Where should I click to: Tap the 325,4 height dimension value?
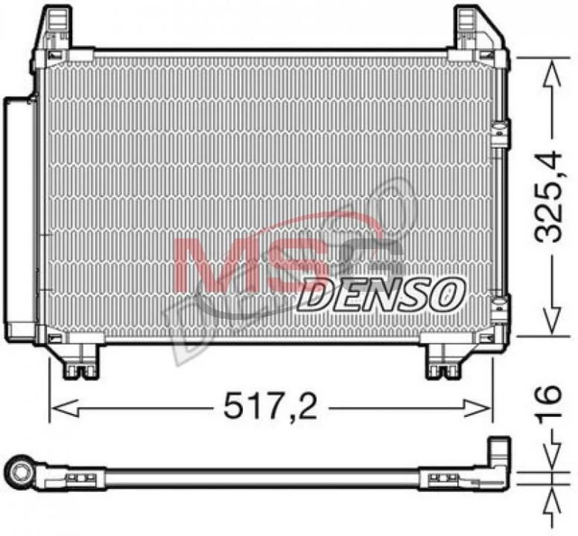tap(548, 197)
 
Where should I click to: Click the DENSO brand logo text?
tap(381, 295)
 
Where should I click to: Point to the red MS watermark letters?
tap(244, 264)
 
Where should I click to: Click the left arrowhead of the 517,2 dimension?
tap(65, 408)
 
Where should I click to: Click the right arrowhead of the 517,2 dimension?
tap(477, 408)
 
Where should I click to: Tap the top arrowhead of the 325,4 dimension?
tap(552, 74)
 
